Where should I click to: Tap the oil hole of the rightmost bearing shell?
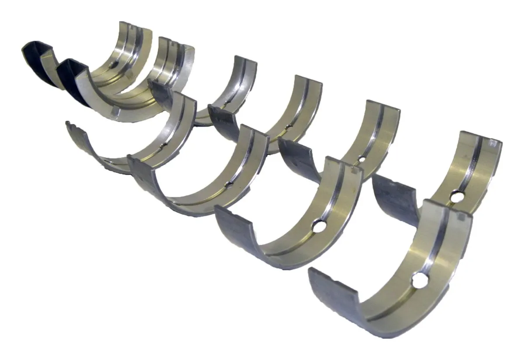(x=456, y=196)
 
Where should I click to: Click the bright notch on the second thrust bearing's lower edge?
(x=115, y=113)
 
